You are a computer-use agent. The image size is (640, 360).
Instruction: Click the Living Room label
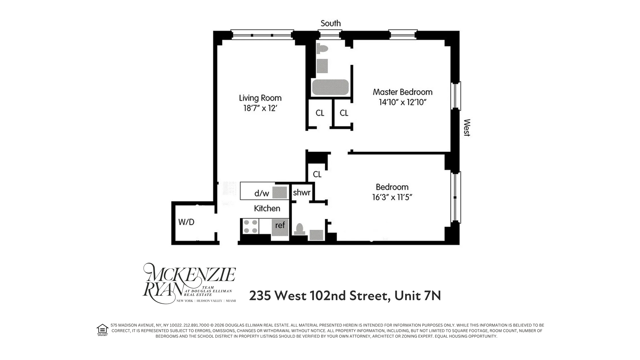point(260,98)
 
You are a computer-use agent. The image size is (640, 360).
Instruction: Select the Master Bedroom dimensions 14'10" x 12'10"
point(403,102)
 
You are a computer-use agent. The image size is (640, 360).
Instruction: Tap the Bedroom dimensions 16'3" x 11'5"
point(392,197)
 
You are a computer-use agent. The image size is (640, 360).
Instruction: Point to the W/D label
point(186,222)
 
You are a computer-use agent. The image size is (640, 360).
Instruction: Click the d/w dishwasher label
point(261,193)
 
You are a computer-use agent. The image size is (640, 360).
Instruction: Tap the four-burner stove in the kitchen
point(250,226)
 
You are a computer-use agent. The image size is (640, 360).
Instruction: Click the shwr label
point(302,193)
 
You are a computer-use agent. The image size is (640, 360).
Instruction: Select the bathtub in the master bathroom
point(330,87)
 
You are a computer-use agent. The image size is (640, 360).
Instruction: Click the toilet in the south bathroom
point(322,49)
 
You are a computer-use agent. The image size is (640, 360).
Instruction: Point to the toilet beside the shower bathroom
point(299,229)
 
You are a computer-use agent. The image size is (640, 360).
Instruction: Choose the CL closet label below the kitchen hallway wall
point(317,174)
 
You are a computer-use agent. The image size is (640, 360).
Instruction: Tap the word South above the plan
point(330,23)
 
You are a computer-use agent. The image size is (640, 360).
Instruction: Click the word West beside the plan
point(467,128)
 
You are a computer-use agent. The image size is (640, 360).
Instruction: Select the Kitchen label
point(267,209)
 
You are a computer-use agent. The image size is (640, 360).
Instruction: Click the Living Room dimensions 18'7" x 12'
point(260,108)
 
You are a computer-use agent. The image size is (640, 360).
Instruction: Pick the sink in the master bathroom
point(322,66)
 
